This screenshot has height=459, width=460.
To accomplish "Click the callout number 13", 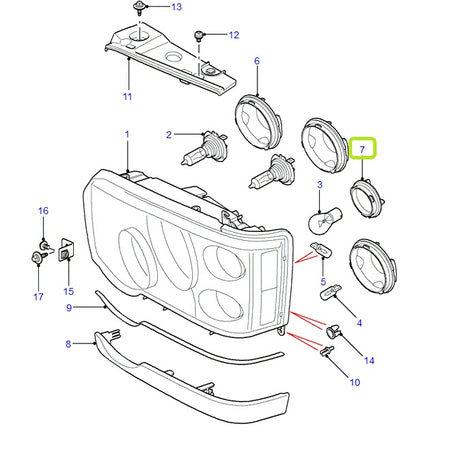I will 177,7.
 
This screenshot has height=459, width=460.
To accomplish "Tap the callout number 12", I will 234,36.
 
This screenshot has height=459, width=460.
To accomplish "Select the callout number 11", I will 127,97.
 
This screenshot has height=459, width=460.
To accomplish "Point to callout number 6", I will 256,62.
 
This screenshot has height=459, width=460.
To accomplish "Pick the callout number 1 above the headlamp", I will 127,134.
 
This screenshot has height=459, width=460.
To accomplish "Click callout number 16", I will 43,211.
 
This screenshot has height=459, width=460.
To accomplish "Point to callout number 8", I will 68,343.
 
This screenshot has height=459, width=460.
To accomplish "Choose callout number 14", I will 369,360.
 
